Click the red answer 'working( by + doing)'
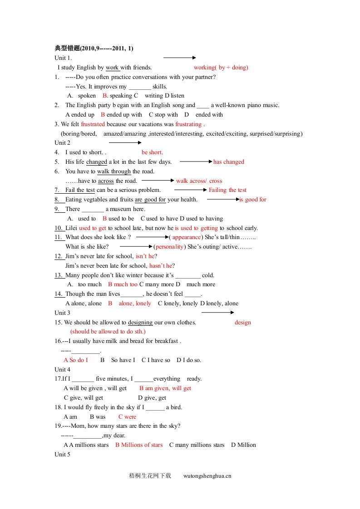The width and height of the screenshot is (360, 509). coord(221,68)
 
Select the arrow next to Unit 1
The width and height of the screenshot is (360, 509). coord(179,58)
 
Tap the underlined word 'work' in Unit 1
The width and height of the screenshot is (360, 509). coord(112,68)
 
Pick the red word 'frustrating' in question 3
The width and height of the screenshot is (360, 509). coord(188,124)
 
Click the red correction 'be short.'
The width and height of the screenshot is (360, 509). coord(152,152)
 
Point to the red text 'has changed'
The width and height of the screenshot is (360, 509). coord(229,162)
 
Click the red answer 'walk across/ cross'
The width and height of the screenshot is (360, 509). coord(199,181)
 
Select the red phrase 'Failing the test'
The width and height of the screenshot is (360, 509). coord(227,190)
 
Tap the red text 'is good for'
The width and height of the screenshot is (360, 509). coord(253,200)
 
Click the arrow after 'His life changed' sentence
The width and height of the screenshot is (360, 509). coord(196,162)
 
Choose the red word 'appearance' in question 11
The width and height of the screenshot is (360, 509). coord(187,237)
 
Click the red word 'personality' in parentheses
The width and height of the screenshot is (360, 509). coord(170,247)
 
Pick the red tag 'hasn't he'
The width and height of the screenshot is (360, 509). coord(161,266)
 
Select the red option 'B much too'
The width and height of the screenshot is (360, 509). coord(123,284)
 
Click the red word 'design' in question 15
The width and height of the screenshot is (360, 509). coord(243,323)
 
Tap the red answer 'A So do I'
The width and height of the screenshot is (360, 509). coord(76,360)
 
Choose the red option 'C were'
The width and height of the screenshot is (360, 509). coord(127,417)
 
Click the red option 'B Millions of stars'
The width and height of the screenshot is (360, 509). coord(139,445)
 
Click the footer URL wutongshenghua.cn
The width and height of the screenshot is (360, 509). coord(207,476)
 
